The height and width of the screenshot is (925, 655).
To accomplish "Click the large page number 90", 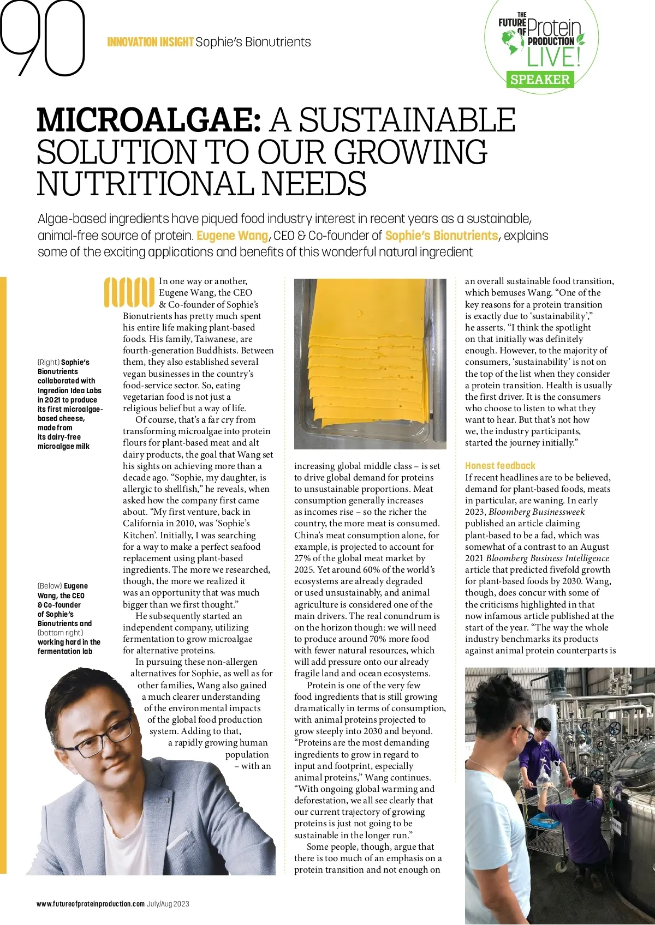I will click(x=44, y=38).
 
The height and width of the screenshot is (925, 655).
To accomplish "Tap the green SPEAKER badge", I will click(x=539, y=80).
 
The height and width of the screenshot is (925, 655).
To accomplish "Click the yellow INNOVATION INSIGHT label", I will click(x=150, y=42).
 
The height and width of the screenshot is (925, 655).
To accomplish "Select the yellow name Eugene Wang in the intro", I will click(x=232, y=236).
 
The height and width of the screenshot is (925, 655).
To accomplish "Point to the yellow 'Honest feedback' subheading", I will click(x=500, y=466).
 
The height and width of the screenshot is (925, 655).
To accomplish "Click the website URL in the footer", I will click(x=91, y=904).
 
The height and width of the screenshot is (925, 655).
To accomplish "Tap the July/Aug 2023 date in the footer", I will click(x=168, y=904).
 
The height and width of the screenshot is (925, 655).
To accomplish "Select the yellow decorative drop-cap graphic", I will click(x=129, y=292).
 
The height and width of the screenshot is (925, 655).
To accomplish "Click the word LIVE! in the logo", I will click(x=552, y=57).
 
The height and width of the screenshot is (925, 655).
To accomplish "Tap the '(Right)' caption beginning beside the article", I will click(x=48, y=362).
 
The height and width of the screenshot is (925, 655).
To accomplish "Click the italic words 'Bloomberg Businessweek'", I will click(x=537, y=512).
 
